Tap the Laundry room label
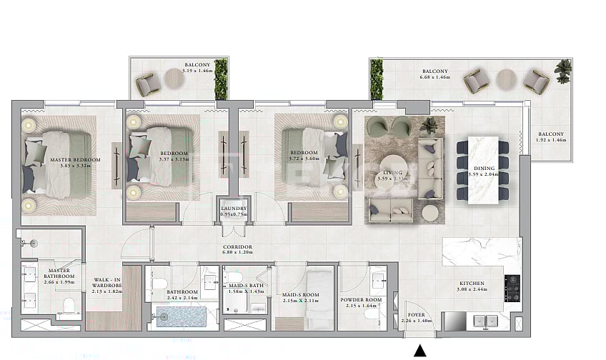point(232,211)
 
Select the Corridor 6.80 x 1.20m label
point(238,249)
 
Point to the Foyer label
point(417,318)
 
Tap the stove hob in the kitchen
point(512,287)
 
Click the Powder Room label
point(362,303)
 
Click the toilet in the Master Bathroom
point(69,306)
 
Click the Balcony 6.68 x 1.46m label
point(434,75)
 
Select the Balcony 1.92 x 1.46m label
point(551,137)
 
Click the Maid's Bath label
point(246,288)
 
